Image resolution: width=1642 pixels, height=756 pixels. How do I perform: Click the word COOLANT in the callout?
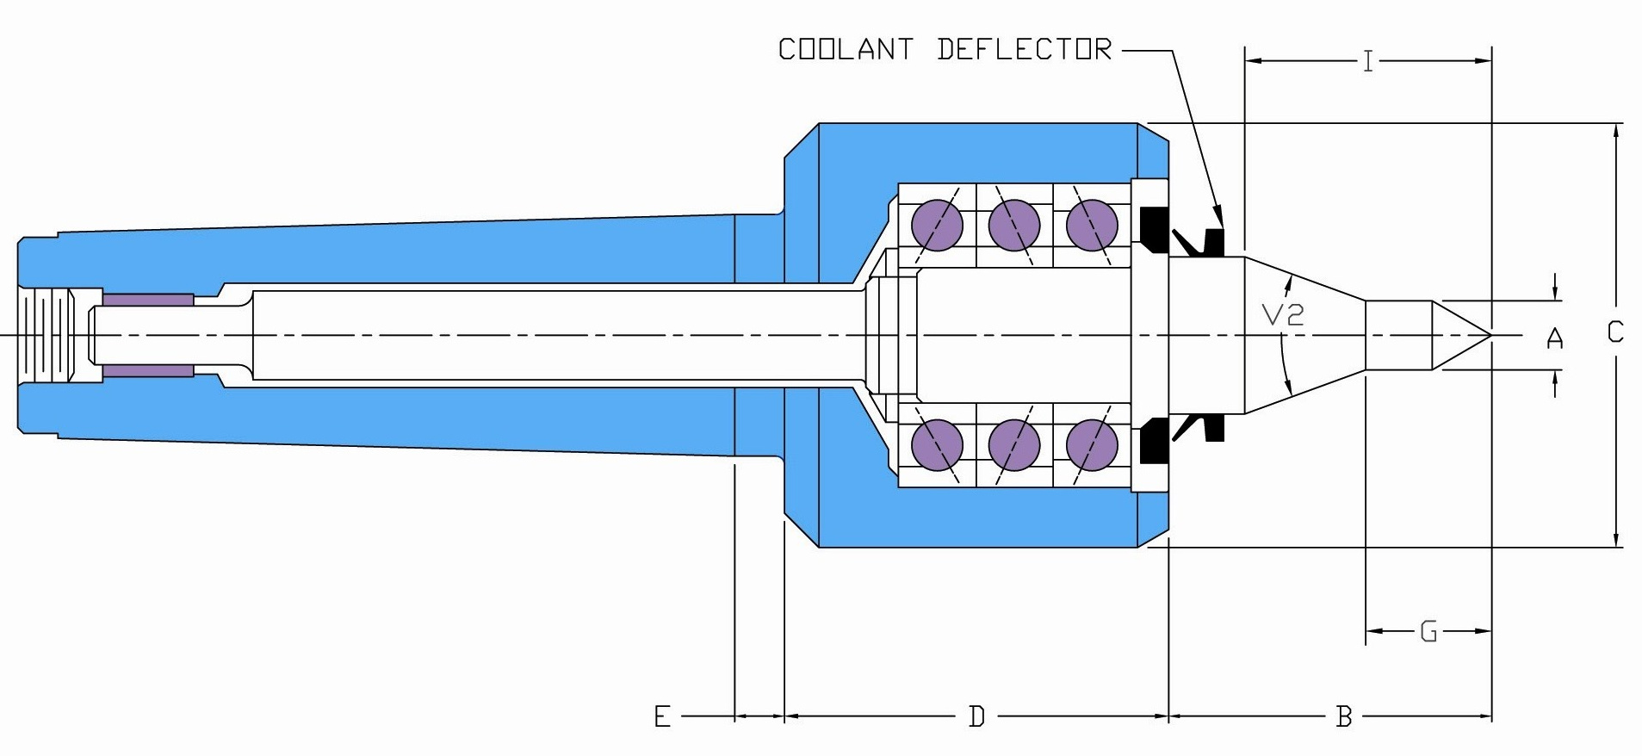click(846, 50)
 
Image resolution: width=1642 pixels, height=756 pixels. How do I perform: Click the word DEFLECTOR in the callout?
click(1025, 50)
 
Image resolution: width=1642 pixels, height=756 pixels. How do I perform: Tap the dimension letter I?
click(1368, 62)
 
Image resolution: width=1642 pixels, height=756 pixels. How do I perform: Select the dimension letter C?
click(1615, 332)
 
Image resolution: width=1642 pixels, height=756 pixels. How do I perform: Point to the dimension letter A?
click(1555, 338)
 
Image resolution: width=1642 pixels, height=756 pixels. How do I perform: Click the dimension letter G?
click(1428, 632)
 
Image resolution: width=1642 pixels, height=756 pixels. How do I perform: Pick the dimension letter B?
click(1344, 716)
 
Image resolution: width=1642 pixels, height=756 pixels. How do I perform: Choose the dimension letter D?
click(976, 716)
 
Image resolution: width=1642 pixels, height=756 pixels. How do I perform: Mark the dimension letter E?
click(662, 716)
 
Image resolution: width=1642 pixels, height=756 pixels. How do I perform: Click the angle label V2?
click(1283, 315)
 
